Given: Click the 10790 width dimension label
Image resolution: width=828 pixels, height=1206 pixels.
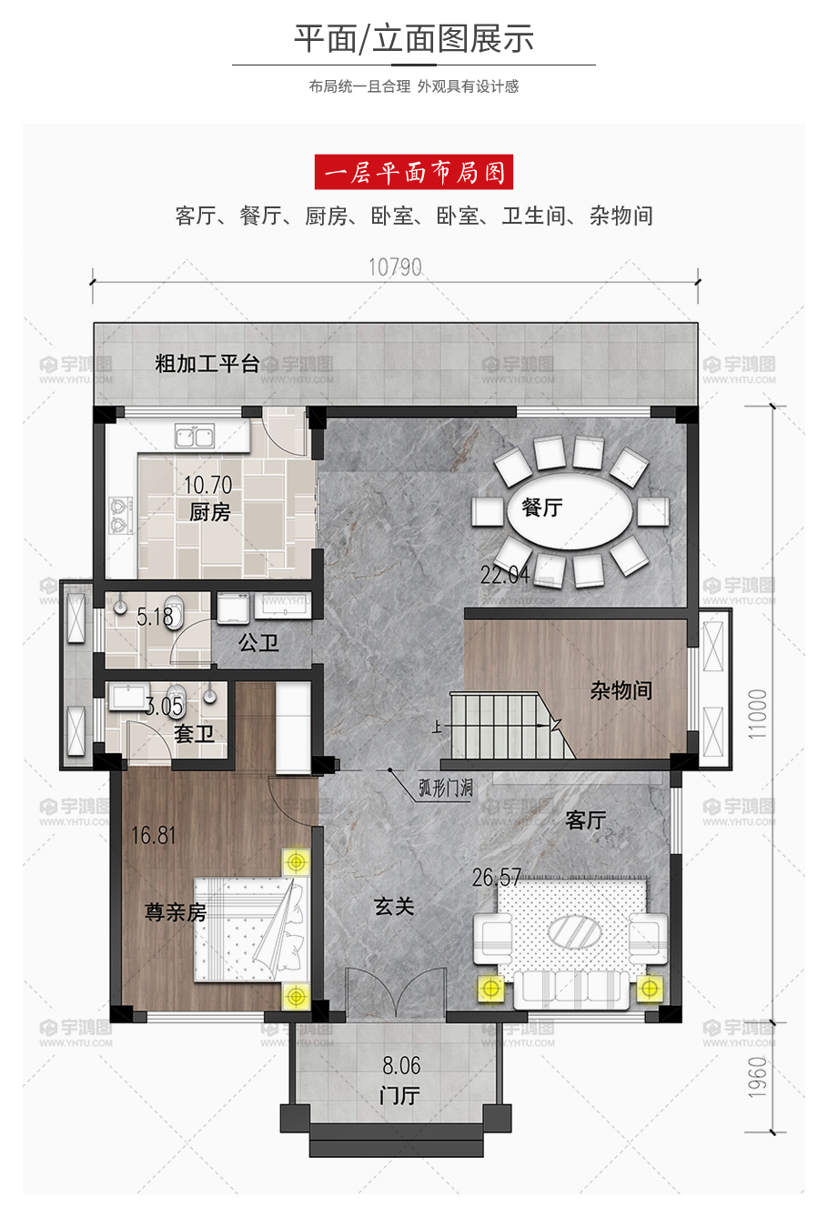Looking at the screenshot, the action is tap(395, 267).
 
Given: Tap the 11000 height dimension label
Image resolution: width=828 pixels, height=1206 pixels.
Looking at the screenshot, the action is tap(757, 713).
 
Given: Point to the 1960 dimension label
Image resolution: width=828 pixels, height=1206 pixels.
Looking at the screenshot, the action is tap(757, 1077).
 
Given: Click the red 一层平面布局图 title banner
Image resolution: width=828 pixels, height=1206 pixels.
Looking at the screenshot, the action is tap(414, 172).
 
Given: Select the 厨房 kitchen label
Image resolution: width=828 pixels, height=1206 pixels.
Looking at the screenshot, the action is tap(210, 511).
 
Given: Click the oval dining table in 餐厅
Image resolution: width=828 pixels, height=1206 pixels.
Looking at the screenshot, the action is tap(570, 510).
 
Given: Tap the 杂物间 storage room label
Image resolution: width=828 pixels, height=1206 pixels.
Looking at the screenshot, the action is tap(621, 690).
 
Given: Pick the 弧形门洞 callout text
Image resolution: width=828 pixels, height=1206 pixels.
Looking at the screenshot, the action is tap(446, 789).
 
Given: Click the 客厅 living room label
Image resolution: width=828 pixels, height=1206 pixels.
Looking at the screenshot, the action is tap(586, 820).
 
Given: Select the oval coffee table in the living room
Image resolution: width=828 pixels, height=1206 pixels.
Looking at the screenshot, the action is tap(574, 931).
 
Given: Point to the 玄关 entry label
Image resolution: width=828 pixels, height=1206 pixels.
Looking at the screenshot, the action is tap(394, 907).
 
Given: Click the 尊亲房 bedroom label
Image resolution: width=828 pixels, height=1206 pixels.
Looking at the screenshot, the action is tap(176, 912).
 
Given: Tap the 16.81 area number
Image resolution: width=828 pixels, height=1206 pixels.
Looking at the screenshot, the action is tap(154, 835).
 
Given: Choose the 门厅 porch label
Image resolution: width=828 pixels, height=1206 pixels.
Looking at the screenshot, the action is tap(399, 1096).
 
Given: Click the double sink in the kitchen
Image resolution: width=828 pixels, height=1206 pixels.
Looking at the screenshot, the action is tap(195, 435).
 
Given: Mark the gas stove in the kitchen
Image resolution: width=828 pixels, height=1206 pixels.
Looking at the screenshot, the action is tap(121, 516).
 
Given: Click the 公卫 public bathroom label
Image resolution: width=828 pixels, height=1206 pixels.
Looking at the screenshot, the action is tap(258, 642).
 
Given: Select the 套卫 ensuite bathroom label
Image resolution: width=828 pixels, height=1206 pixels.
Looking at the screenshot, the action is tap(194, 734).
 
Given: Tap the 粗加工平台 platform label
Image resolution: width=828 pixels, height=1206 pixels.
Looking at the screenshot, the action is tap(207, 364).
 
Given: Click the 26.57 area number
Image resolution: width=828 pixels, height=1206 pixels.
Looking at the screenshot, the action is tap(497, 877).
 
